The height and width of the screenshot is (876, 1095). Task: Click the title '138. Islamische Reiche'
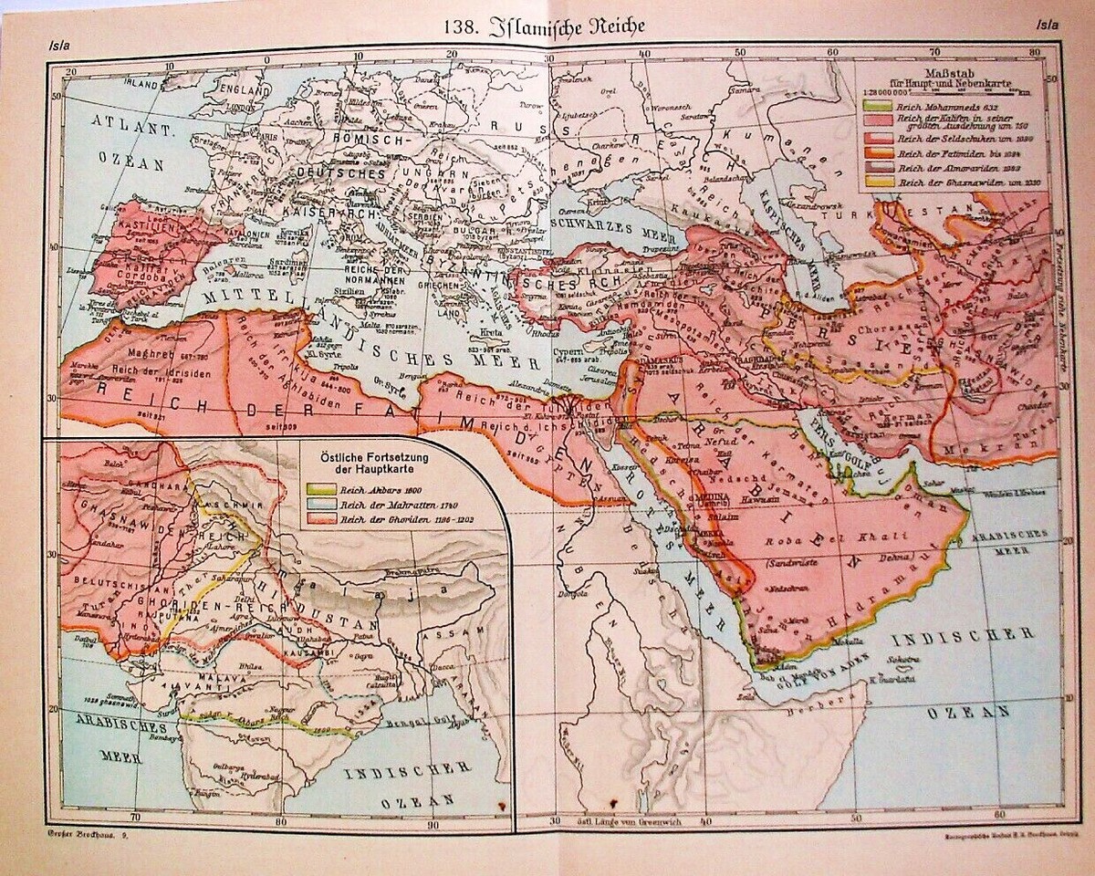pyautogui.click(x=545, y=26)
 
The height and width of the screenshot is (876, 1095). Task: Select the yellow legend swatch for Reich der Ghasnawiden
pyautogui.click(x=875, y=182)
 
